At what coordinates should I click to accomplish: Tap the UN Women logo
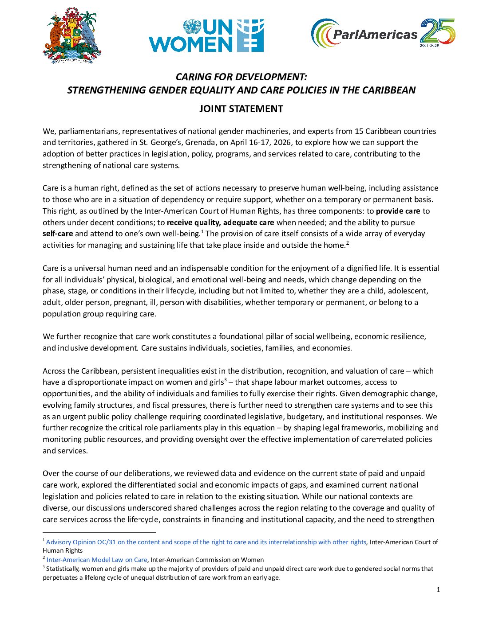click(206, 35)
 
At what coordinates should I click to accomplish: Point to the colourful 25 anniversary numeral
click(438, 32)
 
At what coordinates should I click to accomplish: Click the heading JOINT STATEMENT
click(241, 109)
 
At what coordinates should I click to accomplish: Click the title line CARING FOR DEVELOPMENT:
click(241, 77)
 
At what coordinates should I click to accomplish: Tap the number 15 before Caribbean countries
click(359, 131)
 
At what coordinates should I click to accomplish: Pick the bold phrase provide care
click(398, 211)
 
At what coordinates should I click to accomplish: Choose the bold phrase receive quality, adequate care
click(220, 222)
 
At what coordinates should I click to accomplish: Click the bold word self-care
click(58, 234)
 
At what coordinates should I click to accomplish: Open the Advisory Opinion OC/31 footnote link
click(206, 542)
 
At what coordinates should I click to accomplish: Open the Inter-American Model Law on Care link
click(97, 560)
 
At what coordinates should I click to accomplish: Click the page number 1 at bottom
click(438, 589)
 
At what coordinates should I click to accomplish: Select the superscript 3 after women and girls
click(226, 379)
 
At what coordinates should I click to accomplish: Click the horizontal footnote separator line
click(99, 532)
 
